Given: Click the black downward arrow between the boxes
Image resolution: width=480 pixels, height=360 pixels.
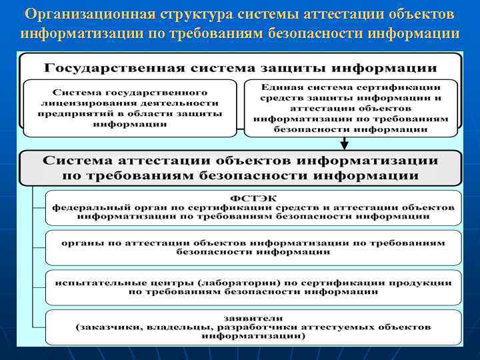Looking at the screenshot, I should click(344, 142).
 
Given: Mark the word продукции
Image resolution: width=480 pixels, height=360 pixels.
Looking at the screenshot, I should click(421, 283).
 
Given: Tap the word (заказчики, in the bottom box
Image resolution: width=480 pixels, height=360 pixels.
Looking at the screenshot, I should click(109, 327).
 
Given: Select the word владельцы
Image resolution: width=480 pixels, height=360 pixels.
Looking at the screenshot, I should click(176, 327).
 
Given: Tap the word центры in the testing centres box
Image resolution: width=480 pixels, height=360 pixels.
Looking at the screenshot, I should click(157, 283).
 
